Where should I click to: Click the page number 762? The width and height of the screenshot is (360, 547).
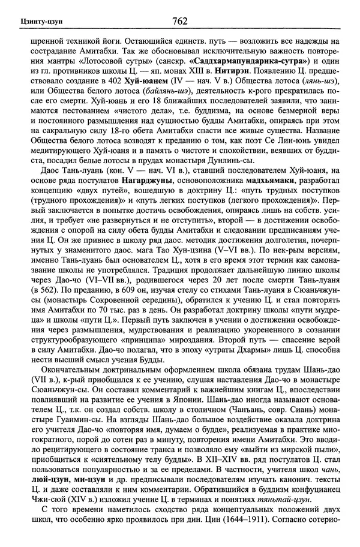click(x=179, y=22)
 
